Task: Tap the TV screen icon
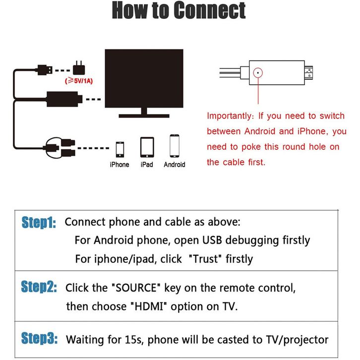(144, 79)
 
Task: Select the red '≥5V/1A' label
(78, 80)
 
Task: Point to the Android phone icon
(174, 146)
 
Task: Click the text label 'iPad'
(147, 165)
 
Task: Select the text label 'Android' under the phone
(174, 165)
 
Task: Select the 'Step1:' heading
(39, 223)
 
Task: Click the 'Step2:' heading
(39, 288)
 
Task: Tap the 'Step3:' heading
(39, 339)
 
